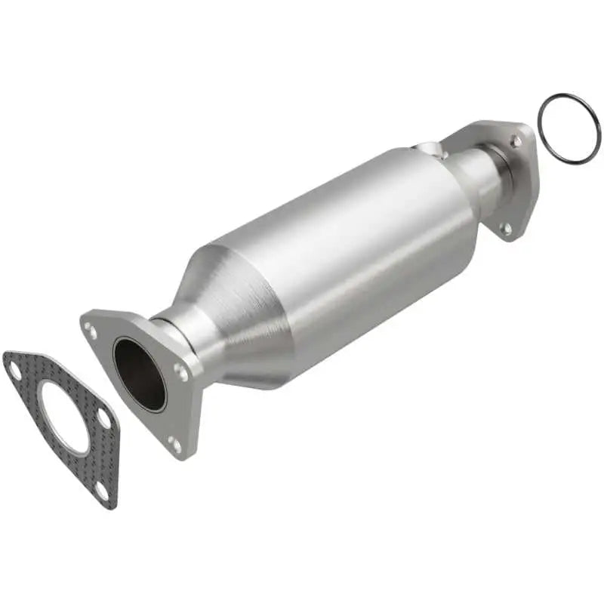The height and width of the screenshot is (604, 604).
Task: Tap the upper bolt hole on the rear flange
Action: point(515,140)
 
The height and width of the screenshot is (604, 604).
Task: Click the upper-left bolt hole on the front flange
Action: point(91,331)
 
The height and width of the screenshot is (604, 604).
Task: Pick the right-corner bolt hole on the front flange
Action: point(181,371)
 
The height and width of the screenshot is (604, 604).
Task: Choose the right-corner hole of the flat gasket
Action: point(104,418)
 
